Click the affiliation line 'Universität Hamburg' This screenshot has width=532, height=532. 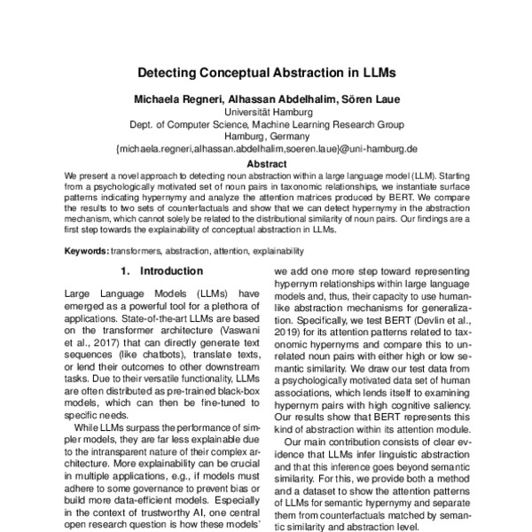point(266,113)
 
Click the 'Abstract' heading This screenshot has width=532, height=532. point(266,164)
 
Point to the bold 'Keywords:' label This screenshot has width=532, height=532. point(88,251)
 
